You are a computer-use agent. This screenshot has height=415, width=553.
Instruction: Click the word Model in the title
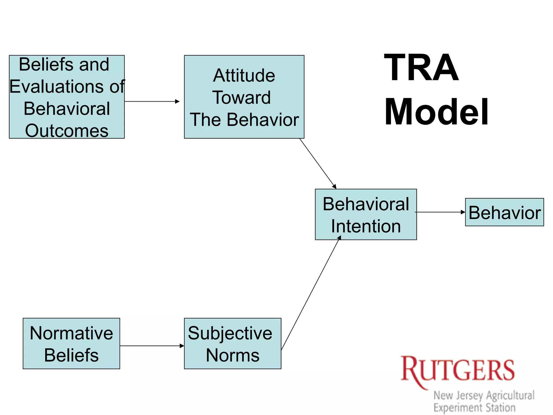[436, 112]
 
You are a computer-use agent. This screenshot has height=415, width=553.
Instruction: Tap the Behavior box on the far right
[504, 212]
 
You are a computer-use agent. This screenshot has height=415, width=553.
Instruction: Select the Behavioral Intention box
[366, 215]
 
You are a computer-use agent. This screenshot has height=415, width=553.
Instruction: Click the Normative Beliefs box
[71, 343]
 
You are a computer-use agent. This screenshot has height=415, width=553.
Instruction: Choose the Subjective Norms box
[232, 343]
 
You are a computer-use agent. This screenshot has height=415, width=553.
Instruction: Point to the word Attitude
[244, 75]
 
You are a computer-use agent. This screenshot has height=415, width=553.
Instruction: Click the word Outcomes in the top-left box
[67, 131]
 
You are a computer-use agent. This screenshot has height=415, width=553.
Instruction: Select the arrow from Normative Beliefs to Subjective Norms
[152, 346]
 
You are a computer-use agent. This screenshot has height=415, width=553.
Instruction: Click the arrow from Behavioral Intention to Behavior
[440, 212]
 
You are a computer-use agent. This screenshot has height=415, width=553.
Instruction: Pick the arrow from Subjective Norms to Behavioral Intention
[311, 293]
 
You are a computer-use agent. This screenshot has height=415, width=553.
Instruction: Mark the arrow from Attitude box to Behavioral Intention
[318, 164]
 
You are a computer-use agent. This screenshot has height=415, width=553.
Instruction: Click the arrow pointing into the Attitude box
[152, 102]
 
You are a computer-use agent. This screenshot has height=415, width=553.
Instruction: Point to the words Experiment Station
[474, 407]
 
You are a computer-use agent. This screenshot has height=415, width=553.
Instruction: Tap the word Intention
[366, 226]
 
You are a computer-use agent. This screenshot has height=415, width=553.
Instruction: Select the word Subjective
[230, 333]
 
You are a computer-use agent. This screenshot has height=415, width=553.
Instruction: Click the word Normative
[71, 333]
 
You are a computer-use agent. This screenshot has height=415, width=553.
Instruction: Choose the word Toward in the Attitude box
[241, 98]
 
